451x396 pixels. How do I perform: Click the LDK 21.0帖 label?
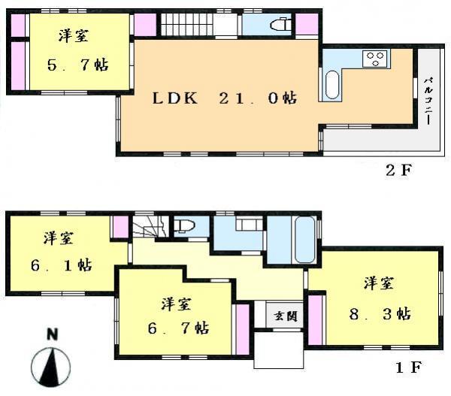(x=223, y=98)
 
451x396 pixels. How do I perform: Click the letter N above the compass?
(x=51, y=335)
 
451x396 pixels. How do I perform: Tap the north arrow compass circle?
(x=52, y=368)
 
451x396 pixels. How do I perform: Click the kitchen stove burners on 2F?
(x=374, y=57)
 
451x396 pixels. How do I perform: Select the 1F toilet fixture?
(x=184, y=225)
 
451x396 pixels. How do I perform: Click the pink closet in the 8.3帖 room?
(x=315, y=319)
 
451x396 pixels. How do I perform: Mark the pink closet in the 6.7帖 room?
(x=242, y=328)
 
